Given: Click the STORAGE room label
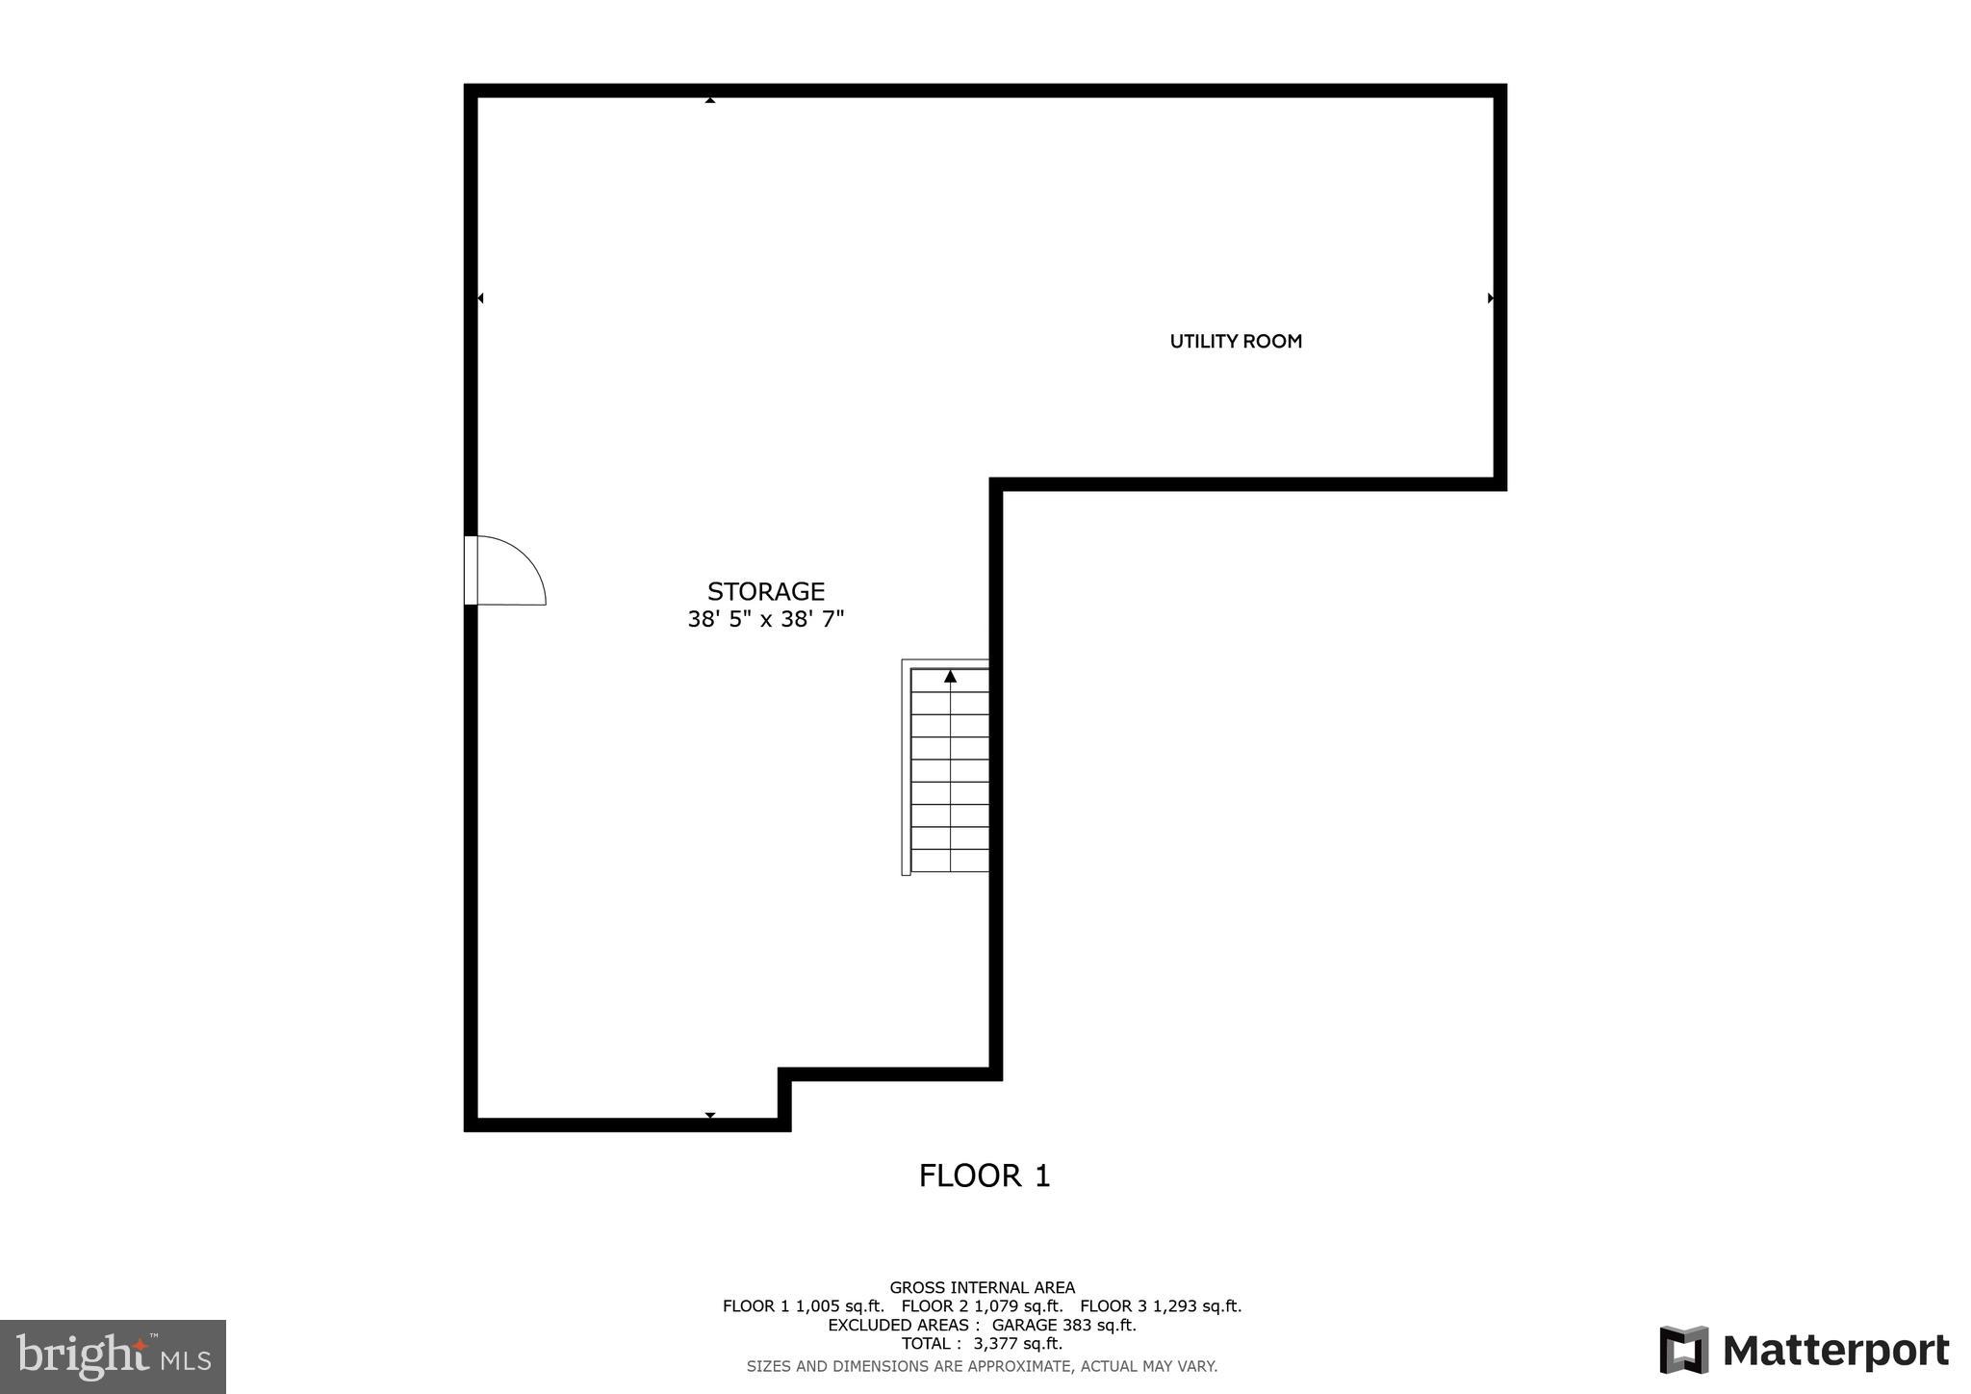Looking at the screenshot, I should pyautogui.click(x=766, y=591).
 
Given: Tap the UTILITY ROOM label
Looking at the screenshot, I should pyautogui.click(x=1236, y=341).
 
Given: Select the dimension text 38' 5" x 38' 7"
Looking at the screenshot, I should pyautogui.click(x=766, y=619).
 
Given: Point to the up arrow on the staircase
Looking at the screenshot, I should pyautogui.click(x=950, y=677).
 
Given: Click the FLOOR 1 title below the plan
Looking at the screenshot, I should pyautogui.click(x=984, y=1175).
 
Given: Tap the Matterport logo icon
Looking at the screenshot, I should pyautogui.click(x=1683, y=1350).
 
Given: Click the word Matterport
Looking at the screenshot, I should pyautogui.click(x=1836, y=1351).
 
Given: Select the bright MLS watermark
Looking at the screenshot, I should pyautogui.click(x=114, y=1356).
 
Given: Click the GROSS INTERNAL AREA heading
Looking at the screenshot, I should pyautogui.click(x=982, y=1287).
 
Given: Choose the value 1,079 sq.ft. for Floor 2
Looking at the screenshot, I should pyautogui.click(x=1018, y=1306).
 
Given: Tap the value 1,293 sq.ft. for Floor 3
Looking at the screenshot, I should pyautogui.click(x=1197, y=1306).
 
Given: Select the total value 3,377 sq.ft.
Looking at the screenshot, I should pyautogui.click(x=1017, y=1343).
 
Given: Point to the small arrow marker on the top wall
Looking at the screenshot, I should pyautogui.click(x=710, y=99).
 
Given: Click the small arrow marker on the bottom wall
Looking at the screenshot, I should pyautogui.click(x=710, y=1115).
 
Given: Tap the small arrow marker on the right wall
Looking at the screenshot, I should pyautogui.click(x=1490, y=298).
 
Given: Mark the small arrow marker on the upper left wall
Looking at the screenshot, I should pyautogui.click(x=480, y=298).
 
